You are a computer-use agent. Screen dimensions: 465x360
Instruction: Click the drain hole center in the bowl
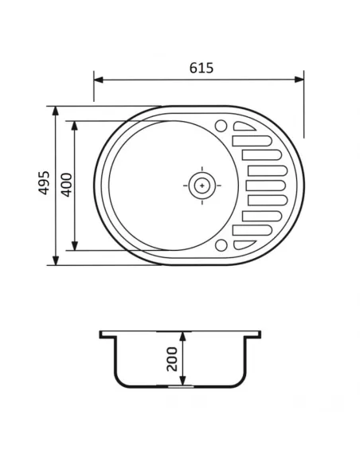202,185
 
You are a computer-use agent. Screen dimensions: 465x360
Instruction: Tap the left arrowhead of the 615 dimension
98,78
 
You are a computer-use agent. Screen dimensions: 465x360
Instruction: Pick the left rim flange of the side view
107,334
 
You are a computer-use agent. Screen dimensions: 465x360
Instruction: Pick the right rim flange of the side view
256,334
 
